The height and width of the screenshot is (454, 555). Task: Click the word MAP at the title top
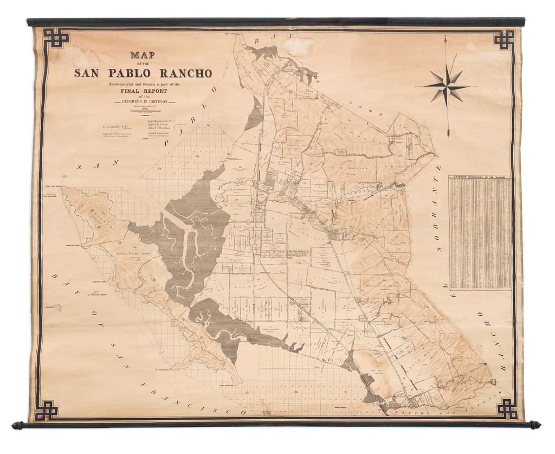(143, 55)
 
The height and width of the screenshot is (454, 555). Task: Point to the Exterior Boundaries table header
(480, 177)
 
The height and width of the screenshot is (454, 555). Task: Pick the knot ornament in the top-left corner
(56, 37)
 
